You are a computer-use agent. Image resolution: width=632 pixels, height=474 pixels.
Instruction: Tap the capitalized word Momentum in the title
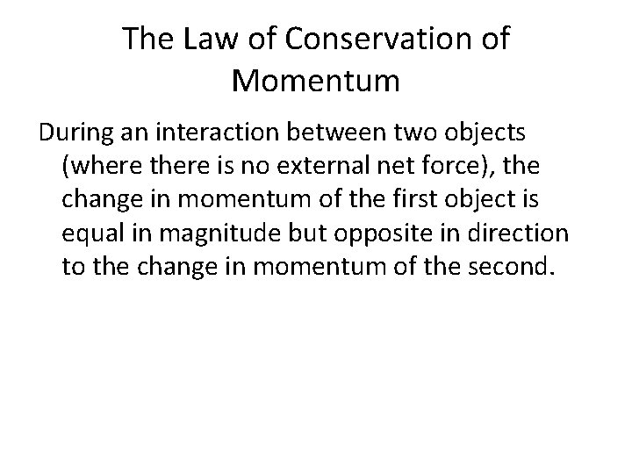pyautogui.click(x=316, y=82)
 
